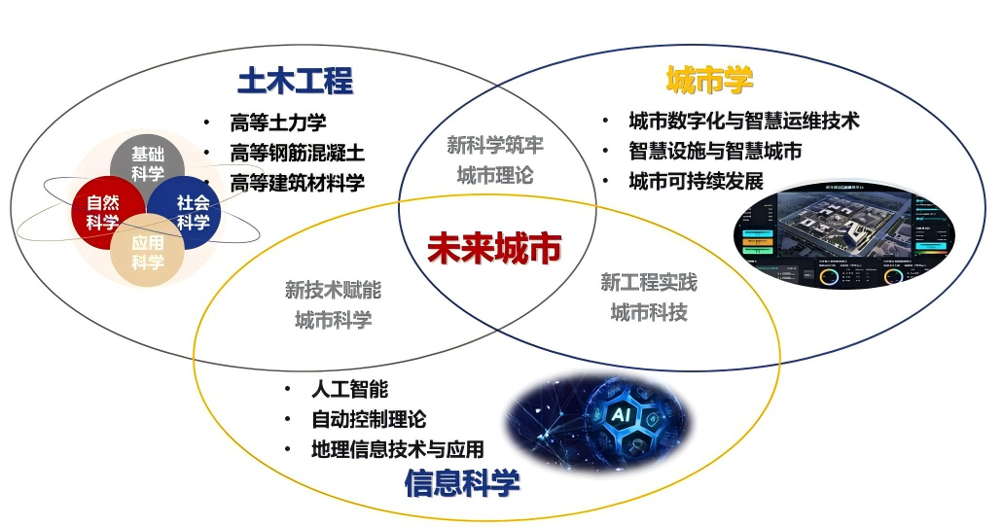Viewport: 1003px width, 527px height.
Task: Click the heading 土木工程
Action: pyautogui.click(x=295, y=81)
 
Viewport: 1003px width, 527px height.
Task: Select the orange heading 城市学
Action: pyautogui.click(x=709, y=80)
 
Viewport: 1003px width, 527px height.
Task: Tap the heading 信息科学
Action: pyautogui.click(x=461, y=484)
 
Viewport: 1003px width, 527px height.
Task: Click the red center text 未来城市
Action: pyautogui.click(x=494, y=249)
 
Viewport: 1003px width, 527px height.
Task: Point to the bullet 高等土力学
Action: pyautogui.click(x=277, y=123)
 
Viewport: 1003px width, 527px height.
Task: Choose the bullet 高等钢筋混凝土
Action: pyautogui.click(x=297, y=153)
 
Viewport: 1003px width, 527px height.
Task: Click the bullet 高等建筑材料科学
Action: pyautogui.click(x=297, y=182)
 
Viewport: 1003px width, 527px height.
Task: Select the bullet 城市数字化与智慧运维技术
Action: pyautogui.click(x=743, y=122)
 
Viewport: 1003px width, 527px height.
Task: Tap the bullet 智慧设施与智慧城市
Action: pyautogui.click(x=715, y=151)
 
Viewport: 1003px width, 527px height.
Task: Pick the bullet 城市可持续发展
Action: pyautogui.click(x=696, y=181)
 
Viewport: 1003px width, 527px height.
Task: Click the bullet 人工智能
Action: pyautogui.click(x=349, y=390)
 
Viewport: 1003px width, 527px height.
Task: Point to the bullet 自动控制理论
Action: pyautogui.click(x=369, y=419)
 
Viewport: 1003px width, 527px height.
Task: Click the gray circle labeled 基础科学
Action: pyautogui.click(x=148, y=164)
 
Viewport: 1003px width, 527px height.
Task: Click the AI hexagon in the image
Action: pyautogui.click(x=620, y=415)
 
